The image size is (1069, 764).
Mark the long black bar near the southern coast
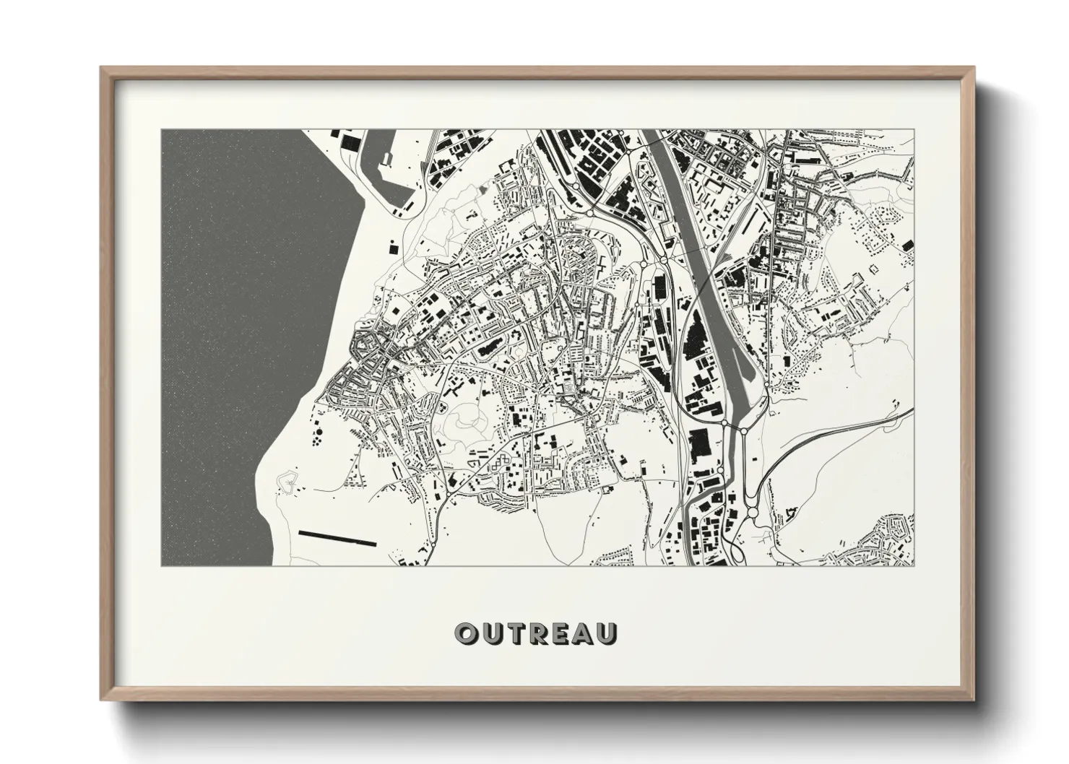(x=337, y=538)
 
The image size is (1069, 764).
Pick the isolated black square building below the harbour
(x=393, y=248)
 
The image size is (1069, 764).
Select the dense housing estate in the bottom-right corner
(x=888, y=538)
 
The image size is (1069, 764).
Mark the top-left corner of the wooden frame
(x=102, y=68)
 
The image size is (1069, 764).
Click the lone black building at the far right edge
(x=906, y=246)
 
